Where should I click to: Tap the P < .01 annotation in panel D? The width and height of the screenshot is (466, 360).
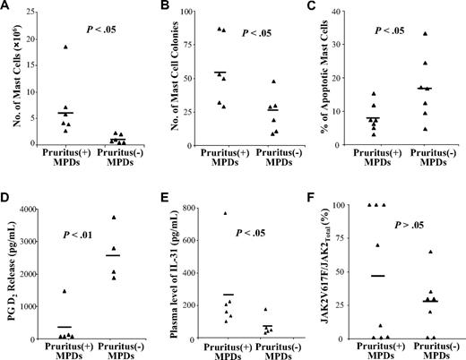click(x=82, y=236)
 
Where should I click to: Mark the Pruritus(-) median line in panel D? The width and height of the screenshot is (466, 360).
click(x=114, y=256)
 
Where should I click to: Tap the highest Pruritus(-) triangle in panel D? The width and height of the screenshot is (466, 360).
click(x=114, y=217)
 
